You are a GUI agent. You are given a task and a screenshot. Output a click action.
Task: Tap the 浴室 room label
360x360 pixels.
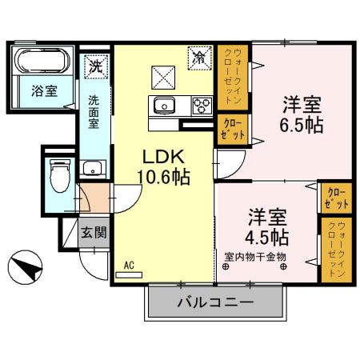pos(44,90)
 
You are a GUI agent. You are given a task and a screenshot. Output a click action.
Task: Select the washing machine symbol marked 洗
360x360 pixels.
pos(95,65)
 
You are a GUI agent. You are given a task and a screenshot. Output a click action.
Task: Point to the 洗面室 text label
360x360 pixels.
pos(94,112)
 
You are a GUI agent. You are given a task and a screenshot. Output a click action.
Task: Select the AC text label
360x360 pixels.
pos(128,263)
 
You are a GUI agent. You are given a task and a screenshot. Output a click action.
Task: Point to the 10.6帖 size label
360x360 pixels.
pos(166,177)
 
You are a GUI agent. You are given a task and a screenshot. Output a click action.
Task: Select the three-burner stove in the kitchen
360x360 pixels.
pos(199,104)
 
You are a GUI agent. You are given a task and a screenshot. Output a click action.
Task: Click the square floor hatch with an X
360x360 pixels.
pos(165,78)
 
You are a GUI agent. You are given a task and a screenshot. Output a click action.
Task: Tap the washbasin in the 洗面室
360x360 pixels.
pos(94,169)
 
